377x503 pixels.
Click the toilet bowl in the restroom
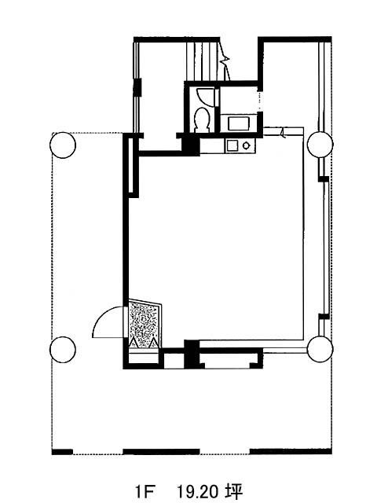click(x=203, y=119)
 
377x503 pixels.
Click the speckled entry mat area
click(x=145, y=323)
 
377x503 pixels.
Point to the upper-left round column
click(x=63, y=145)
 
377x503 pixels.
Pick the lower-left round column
click(x=63, y=349)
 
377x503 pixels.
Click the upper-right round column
click(x=320, y=145)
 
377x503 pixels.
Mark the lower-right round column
click(x=320, y=349)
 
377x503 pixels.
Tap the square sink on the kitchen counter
click(x=232, y=145)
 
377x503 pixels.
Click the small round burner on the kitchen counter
click(x=246, y=145)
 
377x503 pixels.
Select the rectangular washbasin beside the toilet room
click(x=238, y=123)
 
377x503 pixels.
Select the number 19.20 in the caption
click(x=198, y=491)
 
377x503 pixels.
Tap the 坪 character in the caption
click(x=233, y=491)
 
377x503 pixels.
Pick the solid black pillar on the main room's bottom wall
click(x=192, y=354)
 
